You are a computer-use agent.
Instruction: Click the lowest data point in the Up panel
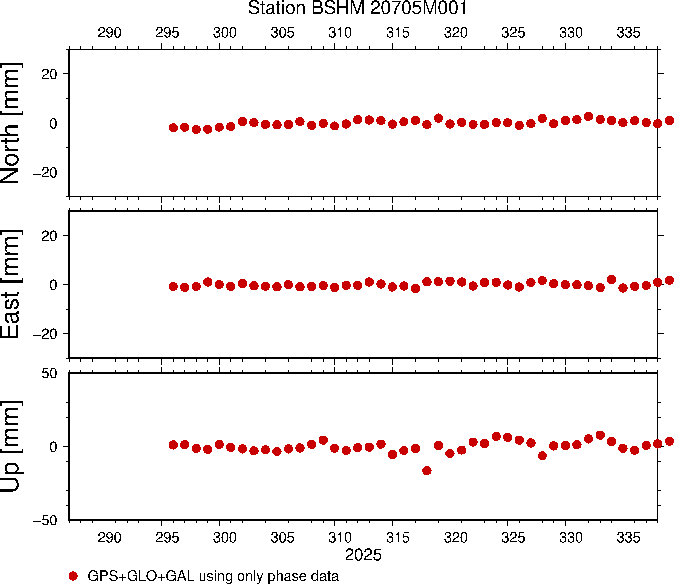pyautogui.click(x=427, y=471)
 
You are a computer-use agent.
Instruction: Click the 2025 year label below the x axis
pyautogui.click(x=363, y=555)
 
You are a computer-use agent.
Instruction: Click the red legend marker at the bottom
pyautogui.click(x=73, y=576)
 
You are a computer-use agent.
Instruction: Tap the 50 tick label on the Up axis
pyautogui.click(x=49, y=374)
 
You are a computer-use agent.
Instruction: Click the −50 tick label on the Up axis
pyautogui.click(x=45, y=521)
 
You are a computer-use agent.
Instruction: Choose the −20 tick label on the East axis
pyautogui.click(x=45, y=334)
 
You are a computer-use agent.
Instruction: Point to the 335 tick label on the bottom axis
pyautogui.click(x=629, y=537)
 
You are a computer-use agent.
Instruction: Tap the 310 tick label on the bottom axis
pyautogui.click(x=340, y=537)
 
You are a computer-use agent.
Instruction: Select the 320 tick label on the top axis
pyautogui.click(x=456, y=33)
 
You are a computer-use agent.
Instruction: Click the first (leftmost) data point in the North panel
pyautogui.click(x=173, y=128)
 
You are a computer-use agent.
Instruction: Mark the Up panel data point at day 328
pyautogui.click(x=542, y=455)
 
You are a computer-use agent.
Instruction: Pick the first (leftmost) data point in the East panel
pyautogui.click(x=173, y=286)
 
